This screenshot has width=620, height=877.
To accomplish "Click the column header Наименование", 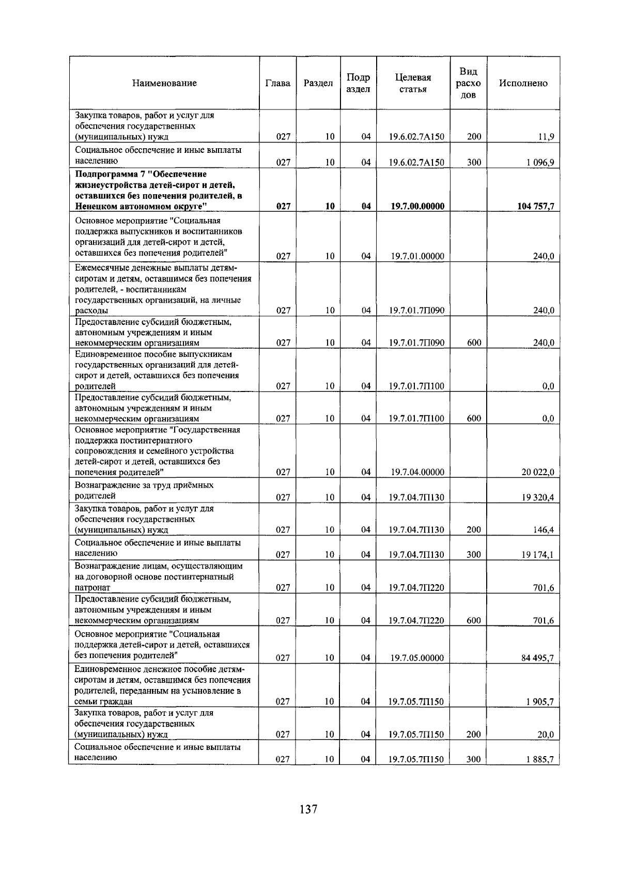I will (164, 83).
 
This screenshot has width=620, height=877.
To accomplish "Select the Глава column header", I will (277, 83).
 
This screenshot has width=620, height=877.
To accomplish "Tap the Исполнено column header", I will (523, 83).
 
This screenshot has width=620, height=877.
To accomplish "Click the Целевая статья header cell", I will (413, 83).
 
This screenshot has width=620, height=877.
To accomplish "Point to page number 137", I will (308, 809).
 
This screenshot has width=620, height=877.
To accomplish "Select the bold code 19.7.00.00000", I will (417, 206).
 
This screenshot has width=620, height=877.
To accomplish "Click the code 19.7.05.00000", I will (417, 657).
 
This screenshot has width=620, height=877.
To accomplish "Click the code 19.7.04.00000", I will (417, 472).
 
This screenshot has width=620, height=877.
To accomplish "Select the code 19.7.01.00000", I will (417, 256).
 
